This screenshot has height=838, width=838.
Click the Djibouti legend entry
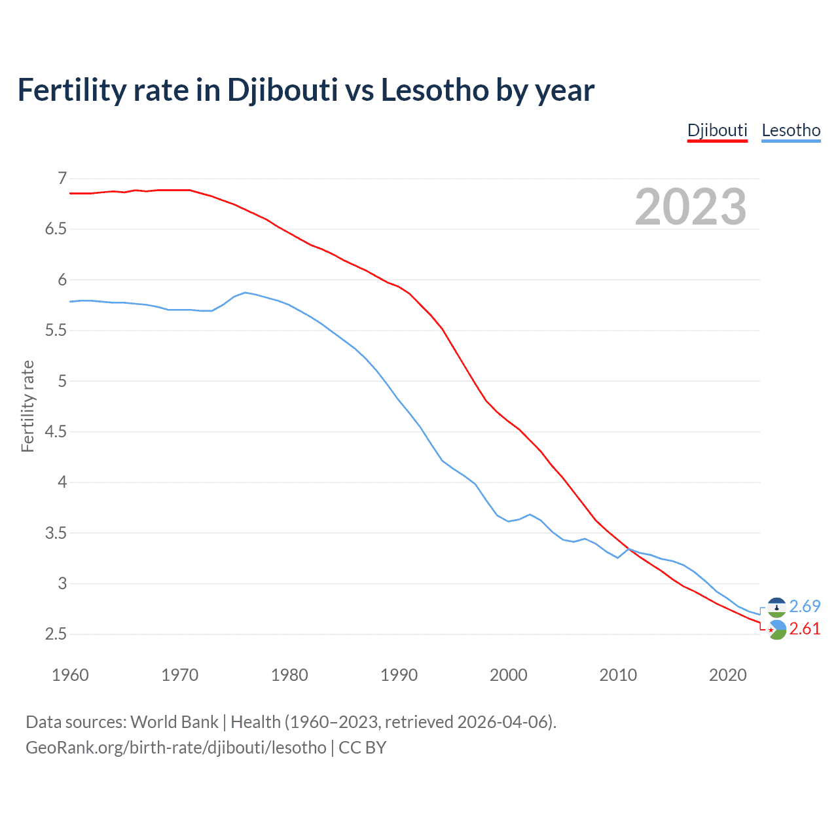point(717,130)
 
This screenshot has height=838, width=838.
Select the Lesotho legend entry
point(791,130)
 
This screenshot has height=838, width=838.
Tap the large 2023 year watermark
point(690,207)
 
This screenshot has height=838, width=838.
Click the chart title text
point(306,90)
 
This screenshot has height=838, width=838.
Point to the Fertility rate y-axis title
point(27,406)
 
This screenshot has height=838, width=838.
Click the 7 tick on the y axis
point(62,178)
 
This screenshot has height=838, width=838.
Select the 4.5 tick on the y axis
point(56,431)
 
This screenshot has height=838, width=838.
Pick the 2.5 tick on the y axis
point(56,634)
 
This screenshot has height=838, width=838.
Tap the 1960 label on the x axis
point(70,675)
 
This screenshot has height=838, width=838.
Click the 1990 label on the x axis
point(399,675)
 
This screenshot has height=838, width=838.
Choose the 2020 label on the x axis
point(727,675)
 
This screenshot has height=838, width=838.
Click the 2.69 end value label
point(805,606)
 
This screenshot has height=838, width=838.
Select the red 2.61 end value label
point(805,628)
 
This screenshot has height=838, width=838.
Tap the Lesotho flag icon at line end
point(776,608)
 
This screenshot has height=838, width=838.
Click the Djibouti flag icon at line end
point(776,630)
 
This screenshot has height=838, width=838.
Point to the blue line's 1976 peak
point(245,293)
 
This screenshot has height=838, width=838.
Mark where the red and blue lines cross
point(629,549)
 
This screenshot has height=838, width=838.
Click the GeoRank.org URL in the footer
point(175,747)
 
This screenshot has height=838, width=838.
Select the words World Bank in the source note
point(174,721)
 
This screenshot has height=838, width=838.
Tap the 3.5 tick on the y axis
point(56,533)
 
